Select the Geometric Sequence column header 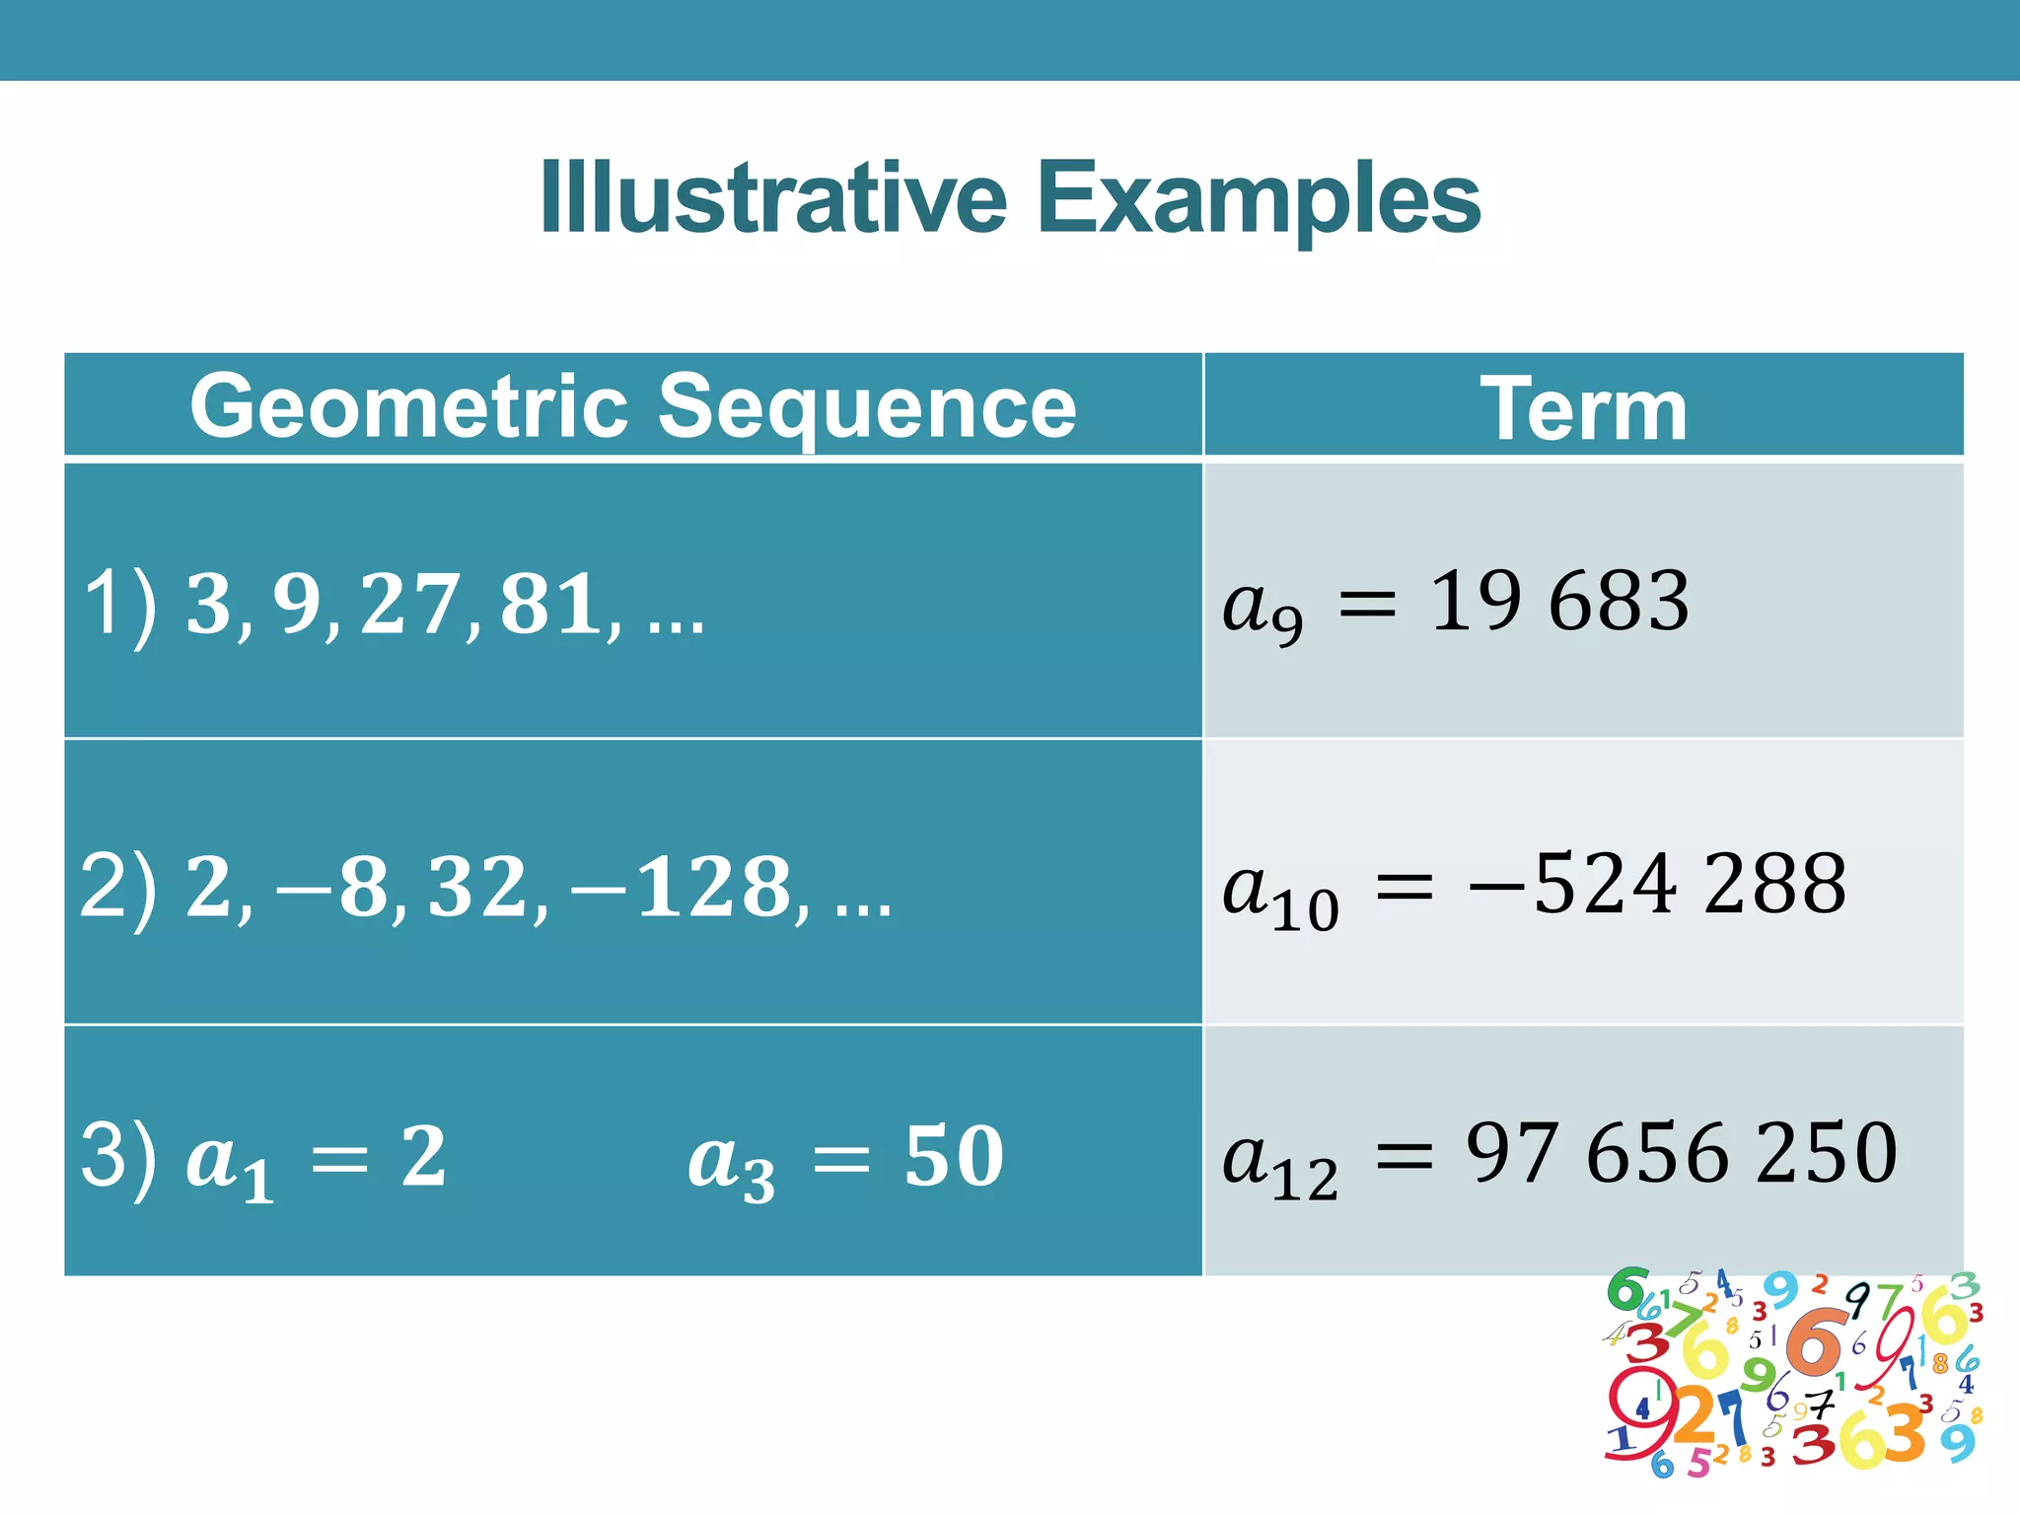click(633, 406)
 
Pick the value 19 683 click(1559, 601)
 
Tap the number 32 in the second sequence click(475, 887)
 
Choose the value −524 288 click(1657, 884)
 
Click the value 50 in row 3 click(954, 1156)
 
